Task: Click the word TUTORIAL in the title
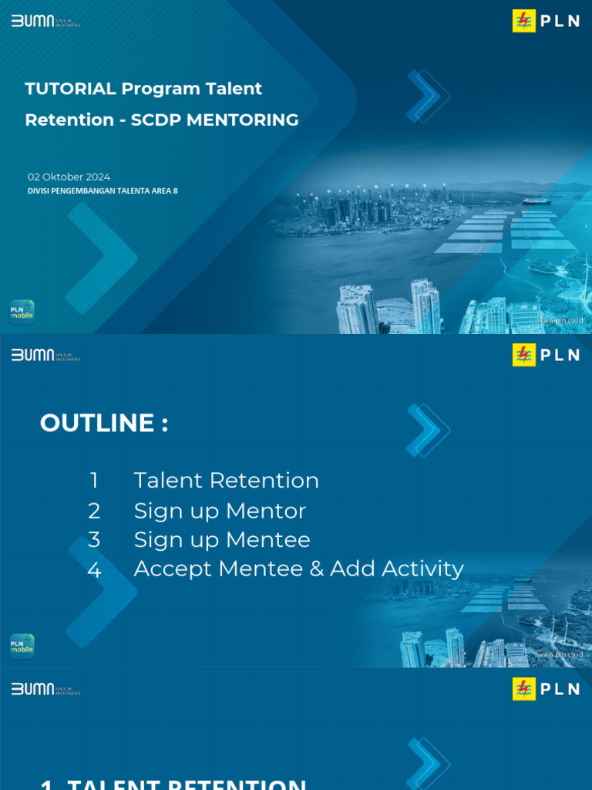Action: [70, 89]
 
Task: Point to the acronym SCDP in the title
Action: [152, 120]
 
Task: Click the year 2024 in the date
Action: [99, 177]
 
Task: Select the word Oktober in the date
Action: [63, 177]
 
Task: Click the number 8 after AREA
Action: [175, 191]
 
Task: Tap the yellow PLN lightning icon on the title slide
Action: [524, 21]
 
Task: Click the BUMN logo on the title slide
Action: [33, 21]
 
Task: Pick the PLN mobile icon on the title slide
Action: [22, 312]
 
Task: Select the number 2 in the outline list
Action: [94, 511]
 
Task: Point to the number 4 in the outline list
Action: [94, 570]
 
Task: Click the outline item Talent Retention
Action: [226, 481]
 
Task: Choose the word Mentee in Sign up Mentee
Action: [272, 540]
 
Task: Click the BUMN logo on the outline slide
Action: [33, 355]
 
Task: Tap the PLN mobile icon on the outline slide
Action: [22, 646]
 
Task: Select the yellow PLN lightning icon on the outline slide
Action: [524, 355]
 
